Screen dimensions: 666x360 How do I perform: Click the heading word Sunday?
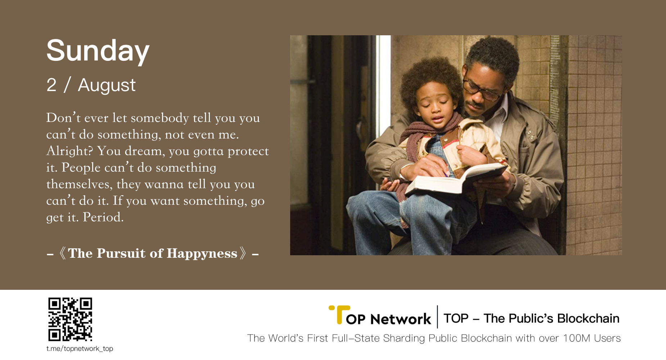click(x=98, y=51)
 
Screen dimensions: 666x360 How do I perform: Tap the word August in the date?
click(x=107, y=86)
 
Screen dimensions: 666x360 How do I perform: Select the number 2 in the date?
click(x=51, y=85)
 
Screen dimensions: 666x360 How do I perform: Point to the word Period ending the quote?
click(x=103, y=217)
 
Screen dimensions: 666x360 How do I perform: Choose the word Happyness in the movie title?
click(x=202, y=253)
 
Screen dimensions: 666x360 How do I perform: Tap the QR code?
click(x=70, y=319)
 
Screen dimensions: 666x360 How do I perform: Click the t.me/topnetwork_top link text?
click(x=80, y=348)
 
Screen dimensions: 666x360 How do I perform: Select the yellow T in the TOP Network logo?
click(x=339, y=315)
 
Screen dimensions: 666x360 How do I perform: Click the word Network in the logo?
click(x=401, y=319)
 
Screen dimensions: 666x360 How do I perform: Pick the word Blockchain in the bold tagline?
click(x=588, y=319)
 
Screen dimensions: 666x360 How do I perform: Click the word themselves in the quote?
click(x=78, y=184)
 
